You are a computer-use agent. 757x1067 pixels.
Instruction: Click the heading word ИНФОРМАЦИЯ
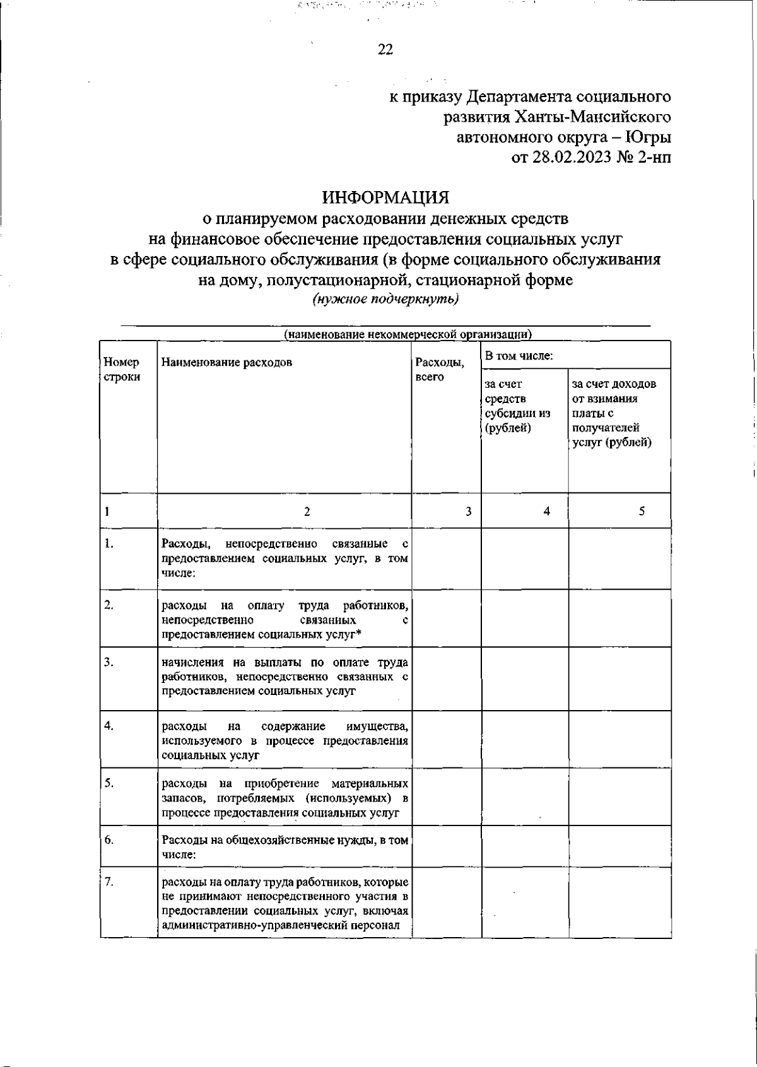(386, 197)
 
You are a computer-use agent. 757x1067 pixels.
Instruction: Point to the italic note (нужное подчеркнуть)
(385, 300)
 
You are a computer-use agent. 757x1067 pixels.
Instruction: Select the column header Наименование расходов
(226, 363)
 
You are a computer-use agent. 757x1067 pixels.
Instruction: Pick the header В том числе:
(519, 356)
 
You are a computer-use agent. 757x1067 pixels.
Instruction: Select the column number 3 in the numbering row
(469, 511)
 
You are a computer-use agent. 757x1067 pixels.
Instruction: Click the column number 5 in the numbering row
(642, 511)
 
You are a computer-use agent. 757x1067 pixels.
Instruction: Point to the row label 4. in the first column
(109, 726)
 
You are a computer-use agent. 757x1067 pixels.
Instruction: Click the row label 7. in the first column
(109, 882)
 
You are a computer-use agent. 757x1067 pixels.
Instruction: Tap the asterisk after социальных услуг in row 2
(358, 635)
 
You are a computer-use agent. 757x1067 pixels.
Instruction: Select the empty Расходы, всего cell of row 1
(446, 559)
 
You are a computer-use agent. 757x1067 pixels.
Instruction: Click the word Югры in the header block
(650, 137)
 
